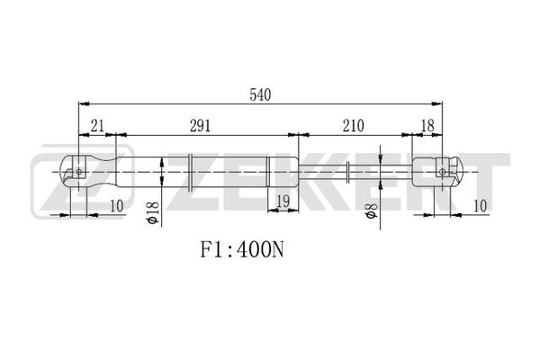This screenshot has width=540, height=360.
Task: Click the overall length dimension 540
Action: (x=260, y=94)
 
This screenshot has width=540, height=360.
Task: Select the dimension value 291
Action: (x=200, y=126)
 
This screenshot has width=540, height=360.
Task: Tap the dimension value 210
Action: (x=354, y=126)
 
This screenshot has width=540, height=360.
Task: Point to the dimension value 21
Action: (x=97, y=126)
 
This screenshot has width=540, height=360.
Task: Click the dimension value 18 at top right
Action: (x=427, y=126)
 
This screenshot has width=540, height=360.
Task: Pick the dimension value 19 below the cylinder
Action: (x=283, y=202)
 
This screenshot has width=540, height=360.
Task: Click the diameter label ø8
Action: (x=372, y=211)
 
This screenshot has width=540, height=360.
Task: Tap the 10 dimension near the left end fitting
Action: (x=116, y=206)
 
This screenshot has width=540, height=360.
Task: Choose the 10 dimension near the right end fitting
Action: (x=480, y=206)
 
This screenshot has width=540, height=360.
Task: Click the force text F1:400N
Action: (x=242, y=250)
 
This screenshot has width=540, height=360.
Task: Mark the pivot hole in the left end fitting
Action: (x=79, y=172)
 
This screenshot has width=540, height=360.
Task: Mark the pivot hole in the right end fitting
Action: (x=443, y=172)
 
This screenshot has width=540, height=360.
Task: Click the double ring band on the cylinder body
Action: (x=191, y=172)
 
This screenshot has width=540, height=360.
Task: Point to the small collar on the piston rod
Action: (x=348, y=172)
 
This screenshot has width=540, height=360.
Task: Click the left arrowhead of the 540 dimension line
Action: (x=84, y=103)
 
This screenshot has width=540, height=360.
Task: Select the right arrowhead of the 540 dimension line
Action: (x=437, y=103)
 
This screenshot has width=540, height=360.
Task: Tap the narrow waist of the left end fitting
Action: (x=103, y=172)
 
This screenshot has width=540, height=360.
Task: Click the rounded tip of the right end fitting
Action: (x=461, y=171)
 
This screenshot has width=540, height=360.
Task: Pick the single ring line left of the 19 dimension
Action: (x=267, y=172)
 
